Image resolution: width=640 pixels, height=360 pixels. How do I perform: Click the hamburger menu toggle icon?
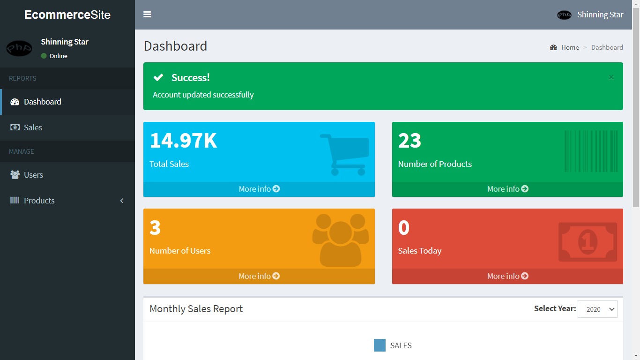click(x=147, y=15)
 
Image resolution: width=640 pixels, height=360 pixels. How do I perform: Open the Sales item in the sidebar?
click(x=33, y=127)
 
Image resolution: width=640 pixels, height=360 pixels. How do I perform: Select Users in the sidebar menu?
click(x=33, y=175)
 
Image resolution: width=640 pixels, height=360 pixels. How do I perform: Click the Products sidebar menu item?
click(x=39, y=201)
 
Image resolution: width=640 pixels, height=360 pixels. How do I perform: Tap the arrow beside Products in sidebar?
click(x=122, y=201)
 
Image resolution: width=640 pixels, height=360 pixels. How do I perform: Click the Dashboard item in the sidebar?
click(x=42, y=102)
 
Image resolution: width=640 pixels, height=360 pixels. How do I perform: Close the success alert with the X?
click(x=611, y=77)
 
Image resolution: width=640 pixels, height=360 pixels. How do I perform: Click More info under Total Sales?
click(x=259, y=189)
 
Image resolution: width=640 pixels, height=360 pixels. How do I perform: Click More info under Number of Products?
click(x=507, y=189)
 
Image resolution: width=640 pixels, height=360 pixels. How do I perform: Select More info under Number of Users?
click(x=259, y=276)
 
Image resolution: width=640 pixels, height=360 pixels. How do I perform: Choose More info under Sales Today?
click(x=507, y=276)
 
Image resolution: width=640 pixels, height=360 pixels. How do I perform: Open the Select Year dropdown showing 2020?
click(x=597, y=309)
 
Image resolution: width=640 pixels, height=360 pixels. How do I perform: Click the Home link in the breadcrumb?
click(x=570, y=47)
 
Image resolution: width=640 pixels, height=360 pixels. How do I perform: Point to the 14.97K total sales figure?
click(x=183, y=141)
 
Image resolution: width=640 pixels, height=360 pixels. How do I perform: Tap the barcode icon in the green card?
click(x=591, y=151)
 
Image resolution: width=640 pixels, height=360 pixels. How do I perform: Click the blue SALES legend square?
click(x=380, y=345)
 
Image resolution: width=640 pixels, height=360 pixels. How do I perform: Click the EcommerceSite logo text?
click(x=67, y=15)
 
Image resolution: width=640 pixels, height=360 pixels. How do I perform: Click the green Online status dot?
click(x=44, y=56)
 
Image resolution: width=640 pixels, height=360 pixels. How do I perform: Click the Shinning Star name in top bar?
click(x=600, y=15)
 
